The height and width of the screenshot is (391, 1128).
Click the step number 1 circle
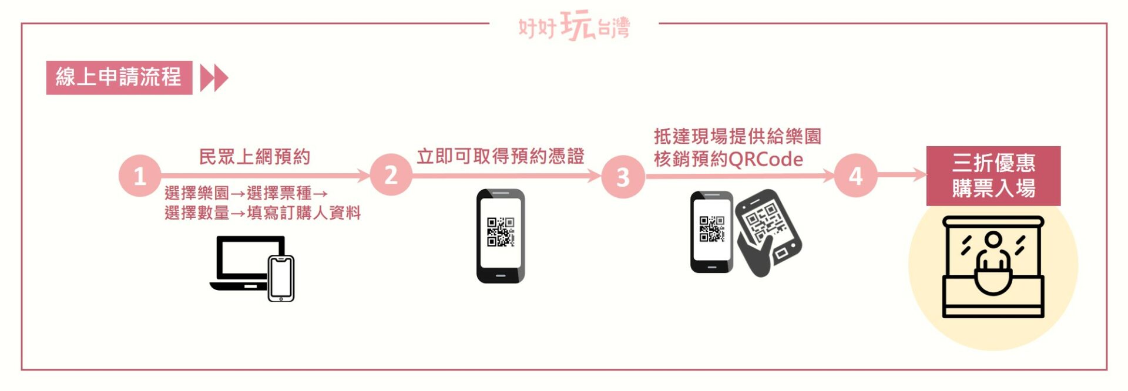[140, 176]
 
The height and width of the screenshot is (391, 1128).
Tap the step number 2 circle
[391, 175]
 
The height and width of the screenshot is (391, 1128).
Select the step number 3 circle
[623, 176]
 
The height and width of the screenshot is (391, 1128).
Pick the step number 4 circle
[855, 175]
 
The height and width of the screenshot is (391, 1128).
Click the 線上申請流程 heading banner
[119, 77]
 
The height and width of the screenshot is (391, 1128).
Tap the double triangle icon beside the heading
[214, 78]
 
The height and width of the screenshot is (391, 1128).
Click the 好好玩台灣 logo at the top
[574, 26]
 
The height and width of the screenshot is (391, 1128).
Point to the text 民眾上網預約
[254, 157]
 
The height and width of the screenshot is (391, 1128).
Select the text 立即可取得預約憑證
[501, 156]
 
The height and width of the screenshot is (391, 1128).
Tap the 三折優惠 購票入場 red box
[993, 176]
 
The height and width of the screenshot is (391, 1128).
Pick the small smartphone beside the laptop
[281, 278]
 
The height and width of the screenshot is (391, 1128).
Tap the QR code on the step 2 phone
[501, 232]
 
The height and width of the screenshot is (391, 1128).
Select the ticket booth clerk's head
[993, 240]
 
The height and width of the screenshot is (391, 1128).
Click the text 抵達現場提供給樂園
[737, 137]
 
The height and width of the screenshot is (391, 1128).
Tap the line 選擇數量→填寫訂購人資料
[263, 213]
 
